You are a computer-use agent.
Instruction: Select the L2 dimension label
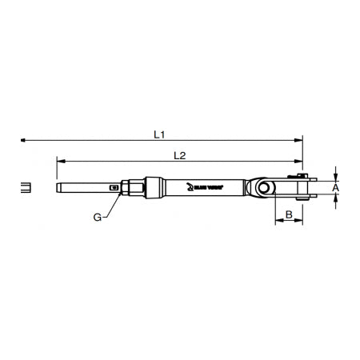(x=179, y=154)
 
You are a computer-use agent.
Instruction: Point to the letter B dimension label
(x=289, y=214)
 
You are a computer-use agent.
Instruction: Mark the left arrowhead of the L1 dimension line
(x=25, y=140)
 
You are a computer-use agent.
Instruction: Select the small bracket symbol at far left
(x=26, y=190)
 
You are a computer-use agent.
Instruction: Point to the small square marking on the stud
(x=115, y=189)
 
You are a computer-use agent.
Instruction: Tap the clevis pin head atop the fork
(x=299, y=176)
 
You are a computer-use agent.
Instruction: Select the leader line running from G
(x=110, y=205)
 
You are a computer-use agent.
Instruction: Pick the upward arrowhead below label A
(x=336, y=200)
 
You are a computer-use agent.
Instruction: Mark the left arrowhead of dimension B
(x=278, y=222)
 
